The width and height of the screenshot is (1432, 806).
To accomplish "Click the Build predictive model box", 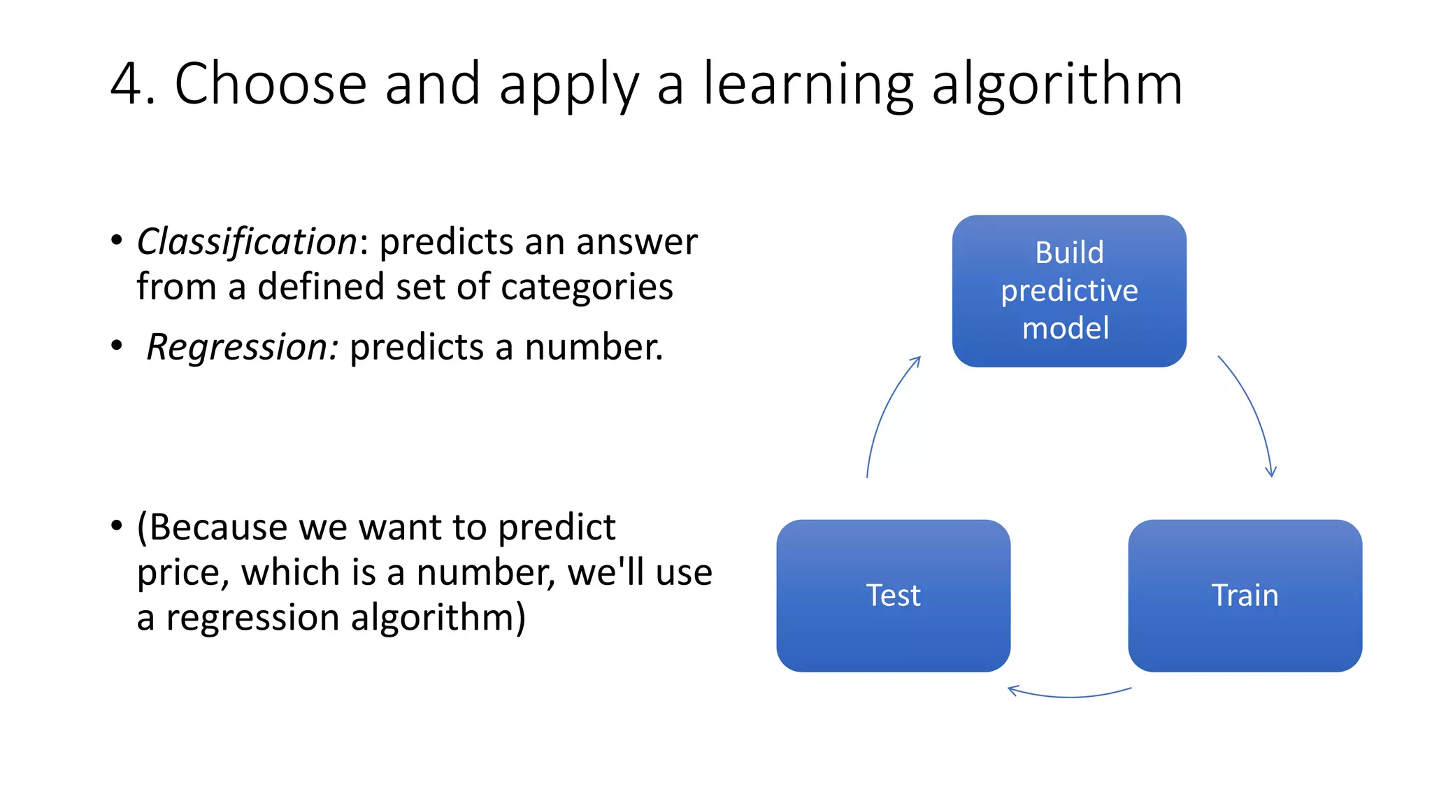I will (x=1068, y=290).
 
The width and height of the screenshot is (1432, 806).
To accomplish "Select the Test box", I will (x=893, y=595).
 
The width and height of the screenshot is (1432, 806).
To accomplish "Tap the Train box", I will (x=1245, y=595).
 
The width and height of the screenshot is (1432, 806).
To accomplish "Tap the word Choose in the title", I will (x=271, y=84).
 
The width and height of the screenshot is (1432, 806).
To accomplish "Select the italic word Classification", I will (x=247, y=242).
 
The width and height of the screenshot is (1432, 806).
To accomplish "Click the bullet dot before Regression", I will (x=117, y=345).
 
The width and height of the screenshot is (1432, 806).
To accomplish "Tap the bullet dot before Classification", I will (x=117, y=240).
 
